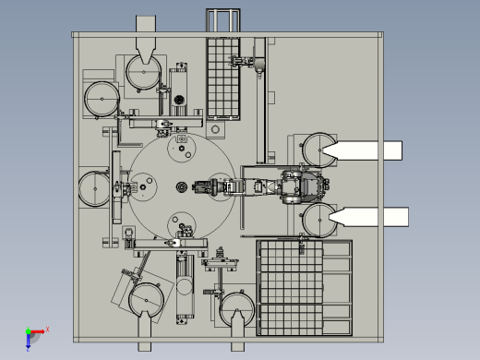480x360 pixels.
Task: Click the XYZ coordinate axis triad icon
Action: click(33, 335)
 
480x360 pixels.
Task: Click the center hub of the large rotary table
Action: click(181, 188)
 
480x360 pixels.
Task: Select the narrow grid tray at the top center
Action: click(222, 78)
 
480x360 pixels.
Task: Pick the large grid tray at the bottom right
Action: click(305, 287)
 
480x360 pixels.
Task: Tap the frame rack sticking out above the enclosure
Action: click(221, 21)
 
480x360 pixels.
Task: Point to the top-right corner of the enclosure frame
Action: click(378, 35)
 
